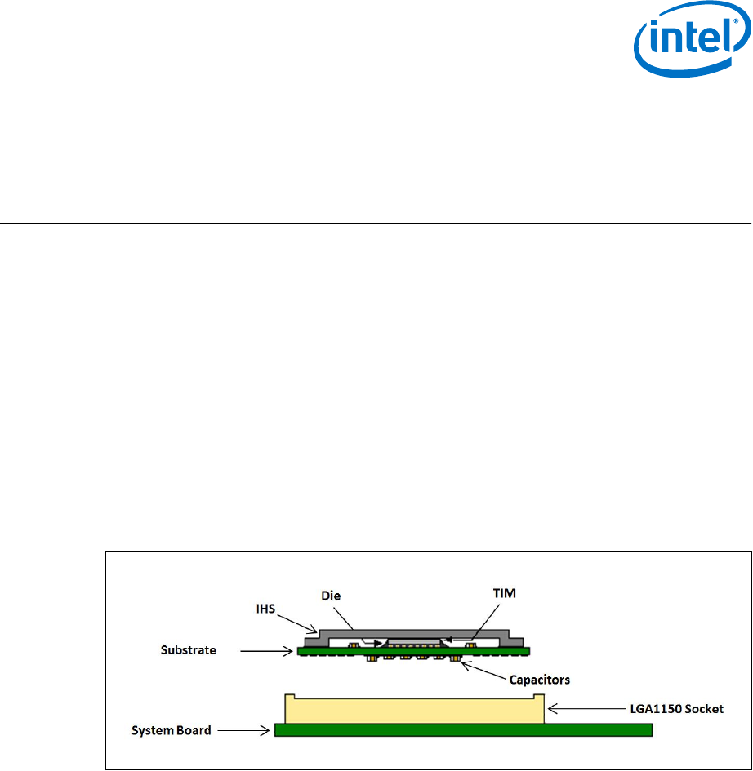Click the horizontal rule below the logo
click(376, 224)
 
